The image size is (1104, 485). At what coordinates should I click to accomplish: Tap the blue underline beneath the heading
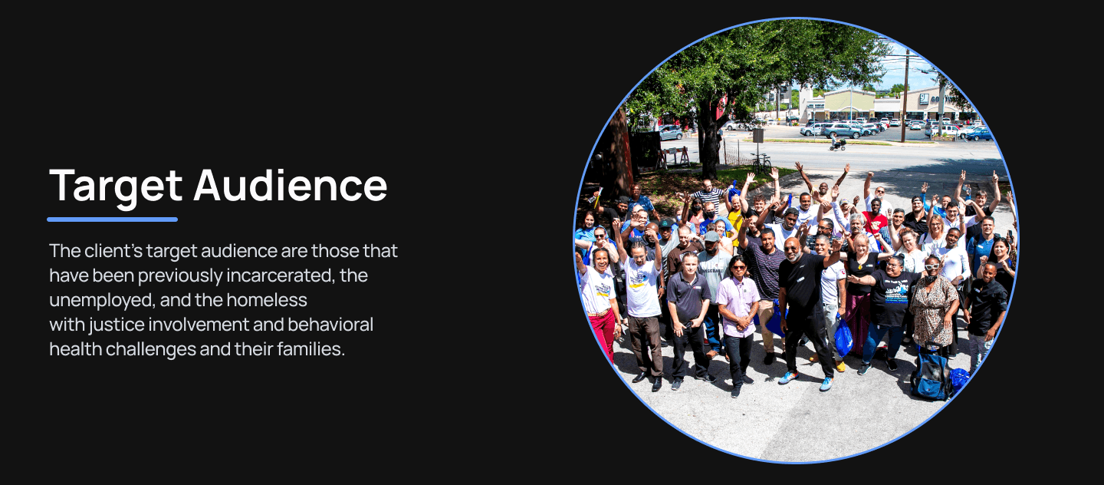point(112,219)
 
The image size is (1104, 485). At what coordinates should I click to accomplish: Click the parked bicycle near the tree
point(761,163)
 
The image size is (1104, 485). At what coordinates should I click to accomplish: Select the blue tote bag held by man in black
point(843,338)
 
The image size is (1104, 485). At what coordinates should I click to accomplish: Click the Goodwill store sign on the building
point(924,98)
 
